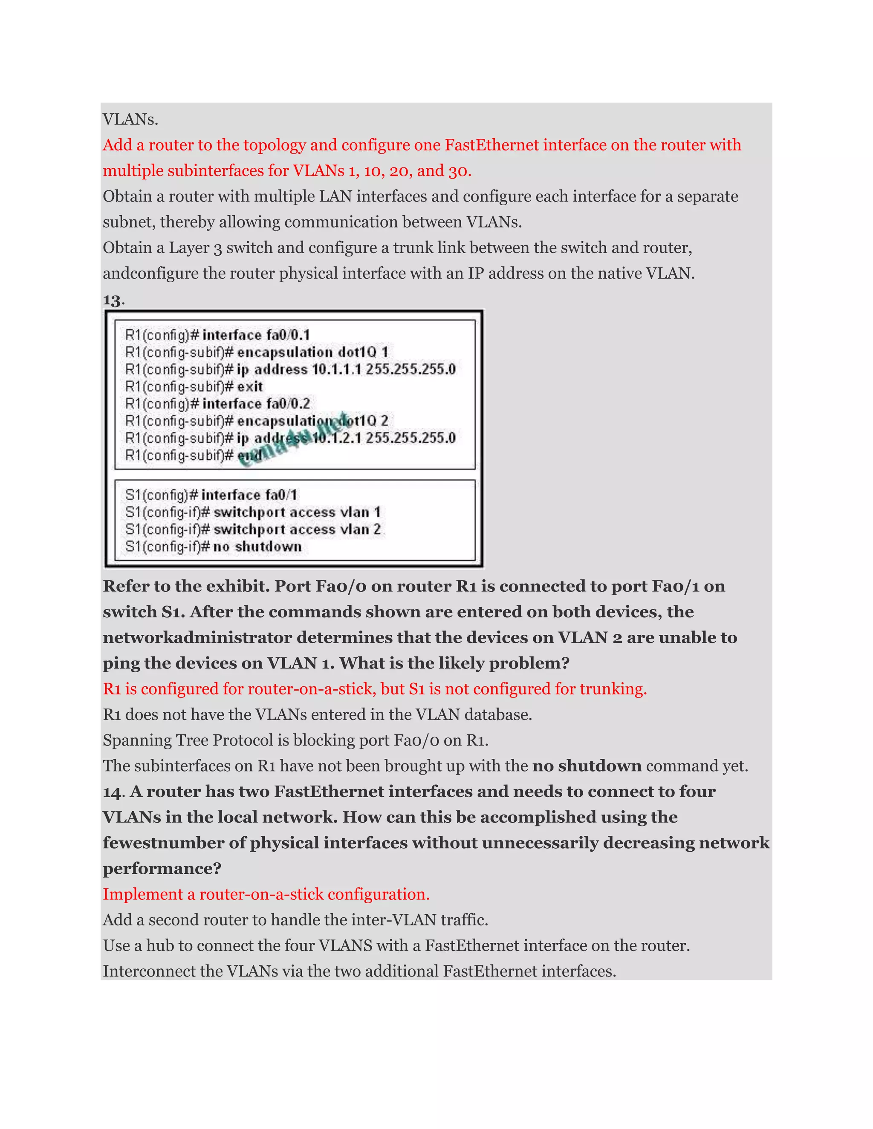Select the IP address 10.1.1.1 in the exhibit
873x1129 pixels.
[336, 370]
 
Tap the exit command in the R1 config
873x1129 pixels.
[250, 387]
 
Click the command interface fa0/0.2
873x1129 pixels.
[256, 404]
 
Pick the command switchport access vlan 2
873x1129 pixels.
[298, 529]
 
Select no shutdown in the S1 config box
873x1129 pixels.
[257, 547]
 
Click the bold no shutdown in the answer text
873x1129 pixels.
[587, 766]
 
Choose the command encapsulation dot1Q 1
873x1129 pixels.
[312, 353]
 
